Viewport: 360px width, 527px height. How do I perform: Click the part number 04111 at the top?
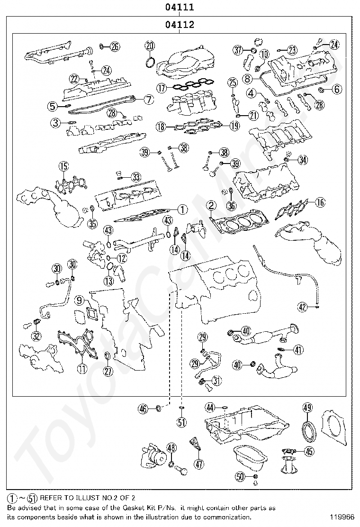tap(180, 7)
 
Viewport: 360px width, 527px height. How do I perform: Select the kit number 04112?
tap(180, 25)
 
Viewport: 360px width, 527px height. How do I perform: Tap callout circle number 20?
tap(150, 46)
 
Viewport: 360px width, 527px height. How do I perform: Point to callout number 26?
tap(115, 46)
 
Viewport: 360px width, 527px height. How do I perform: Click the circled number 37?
tap(238, 49)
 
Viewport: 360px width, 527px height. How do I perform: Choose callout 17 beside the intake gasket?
tap(162, 88)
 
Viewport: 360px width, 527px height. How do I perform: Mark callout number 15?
tap(63, 166)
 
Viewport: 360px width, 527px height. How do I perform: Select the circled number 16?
tap(320, 202)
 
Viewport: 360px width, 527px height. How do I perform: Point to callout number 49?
tap(307, 408)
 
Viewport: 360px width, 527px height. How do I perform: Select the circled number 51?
tap(182, 421)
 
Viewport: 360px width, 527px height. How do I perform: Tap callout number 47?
tap(199, 464)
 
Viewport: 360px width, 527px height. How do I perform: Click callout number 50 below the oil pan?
tap(241, 476)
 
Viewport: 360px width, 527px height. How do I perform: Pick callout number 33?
tap(136, 177)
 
